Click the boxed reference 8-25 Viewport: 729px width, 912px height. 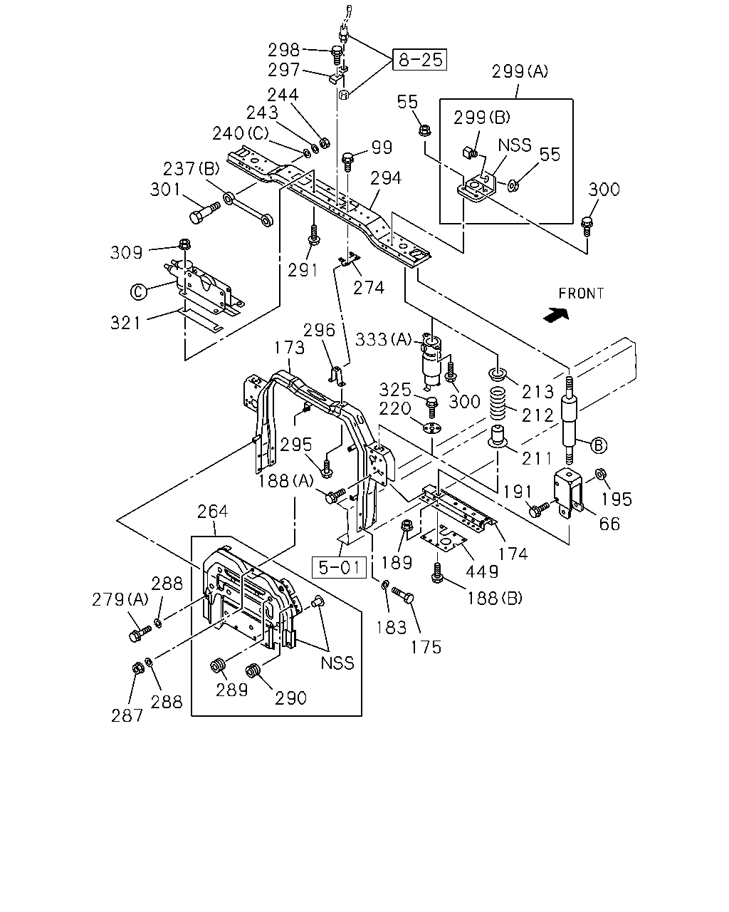tap(420, 60)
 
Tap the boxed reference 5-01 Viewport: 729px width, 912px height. tap(339, 567)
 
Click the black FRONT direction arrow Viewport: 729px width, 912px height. tap(556, 315)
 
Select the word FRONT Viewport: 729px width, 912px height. tap(581, 294)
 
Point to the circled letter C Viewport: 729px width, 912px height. tap(138, 291)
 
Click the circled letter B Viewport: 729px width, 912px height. tap(599, 445)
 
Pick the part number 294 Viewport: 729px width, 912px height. tap(385, 178)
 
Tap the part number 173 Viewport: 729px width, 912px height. tap(289, 348)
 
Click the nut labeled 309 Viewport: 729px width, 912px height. tap(184, 244)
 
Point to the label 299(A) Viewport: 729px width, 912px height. tap(520, 71)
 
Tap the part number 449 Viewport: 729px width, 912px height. tap(482, 572)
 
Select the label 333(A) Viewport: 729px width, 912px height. tap(383, 339)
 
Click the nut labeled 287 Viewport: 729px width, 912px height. tap(137, 668)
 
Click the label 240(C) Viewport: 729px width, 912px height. tap(240, 133)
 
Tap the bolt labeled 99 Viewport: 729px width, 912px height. tap(347, 162)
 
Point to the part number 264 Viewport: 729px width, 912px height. tap(213, 512)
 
